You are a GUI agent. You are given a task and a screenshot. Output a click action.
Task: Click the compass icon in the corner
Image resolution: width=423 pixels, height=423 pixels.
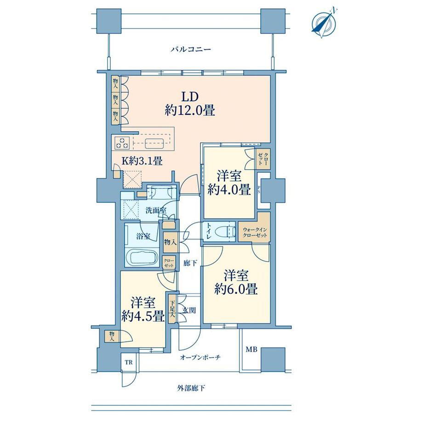(323, 24)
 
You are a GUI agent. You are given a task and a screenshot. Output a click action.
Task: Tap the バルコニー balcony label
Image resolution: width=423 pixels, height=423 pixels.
(190, 49)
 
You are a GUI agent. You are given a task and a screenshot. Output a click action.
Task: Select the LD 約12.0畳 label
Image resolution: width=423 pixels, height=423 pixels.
(190, 103)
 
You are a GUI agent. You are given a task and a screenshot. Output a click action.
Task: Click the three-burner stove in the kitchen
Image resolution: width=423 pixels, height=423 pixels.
(122, 143)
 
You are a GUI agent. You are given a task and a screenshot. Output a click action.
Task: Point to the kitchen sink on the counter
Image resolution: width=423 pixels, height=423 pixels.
(154, 143)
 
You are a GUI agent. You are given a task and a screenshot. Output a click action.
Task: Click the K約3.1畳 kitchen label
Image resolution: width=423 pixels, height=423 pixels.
(142, 161)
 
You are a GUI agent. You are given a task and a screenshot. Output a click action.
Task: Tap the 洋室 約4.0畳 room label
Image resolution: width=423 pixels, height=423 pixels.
(229, 183)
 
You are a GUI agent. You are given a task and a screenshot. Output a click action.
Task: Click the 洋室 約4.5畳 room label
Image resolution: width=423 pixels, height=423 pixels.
(143, 309)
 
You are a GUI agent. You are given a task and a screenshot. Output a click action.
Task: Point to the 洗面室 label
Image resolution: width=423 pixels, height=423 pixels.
(156, 210)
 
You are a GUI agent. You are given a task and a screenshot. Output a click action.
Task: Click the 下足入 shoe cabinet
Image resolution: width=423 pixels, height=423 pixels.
(172, 309)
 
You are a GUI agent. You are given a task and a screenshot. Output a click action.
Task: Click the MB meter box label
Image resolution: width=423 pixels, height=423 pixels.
(251, 349)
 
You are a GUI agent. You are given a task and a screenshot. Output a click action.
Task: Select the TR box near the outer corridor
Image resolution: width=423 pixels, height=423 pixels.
(129, 362)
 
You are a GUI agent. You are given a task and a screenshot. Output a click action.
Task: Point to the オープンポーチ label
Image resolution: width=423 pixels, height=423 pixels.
(200, 357)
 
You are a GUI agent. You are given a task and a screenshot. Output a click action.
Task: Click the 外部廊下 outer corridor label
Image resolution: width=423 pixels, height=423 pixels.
(191, 389)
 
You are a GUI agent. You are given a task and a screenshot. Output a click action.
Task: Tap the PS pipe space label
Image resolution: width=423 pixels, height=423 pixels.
(259, 190)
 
